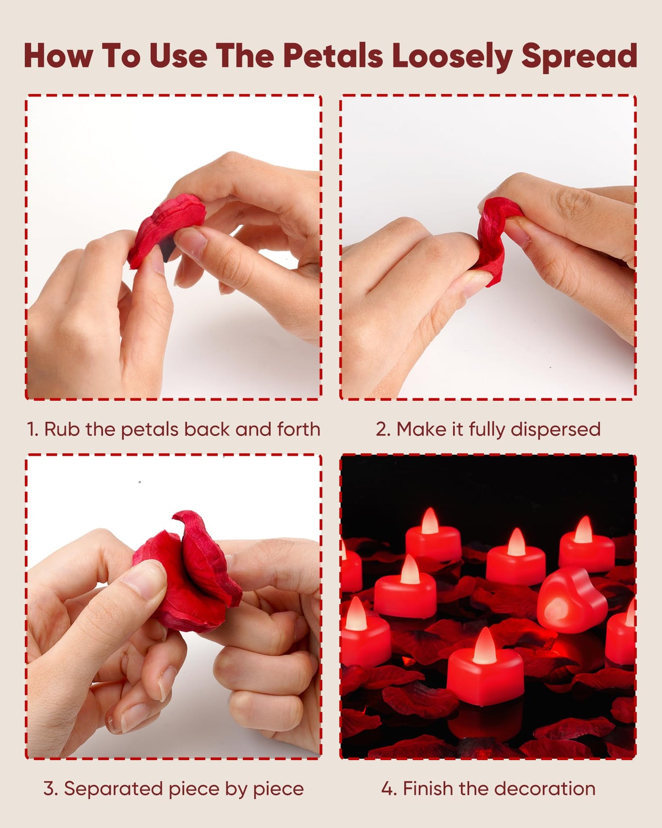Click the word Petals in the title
coord(333,56)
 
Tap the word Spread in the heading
coord(579,56)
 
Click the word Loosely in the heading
coord(452,56)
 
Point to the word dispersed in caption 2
coord(555,430)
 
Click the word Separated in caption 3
coord(113,789)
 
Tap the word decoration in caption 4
coord(545,789)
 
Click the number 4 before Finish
coord(388,789)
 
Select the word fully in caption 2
coord(487,430)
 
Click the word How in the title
coord(58,56)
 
